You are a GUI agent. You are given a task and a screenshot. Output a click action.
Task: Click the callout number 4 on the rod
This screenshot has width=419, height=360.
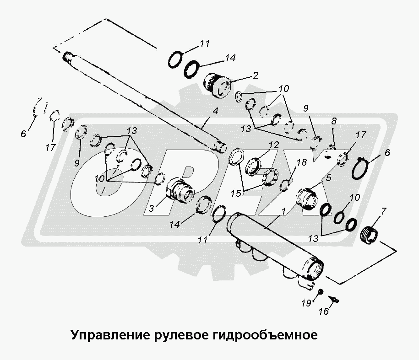click(215, 111)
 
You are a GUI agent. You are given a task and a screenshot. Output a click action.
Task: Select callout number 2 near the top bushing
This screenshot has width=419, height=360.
click(256, 75)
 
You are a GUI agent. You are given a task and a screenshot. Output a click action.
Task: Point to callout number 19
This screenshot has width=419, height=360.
click(306, 303)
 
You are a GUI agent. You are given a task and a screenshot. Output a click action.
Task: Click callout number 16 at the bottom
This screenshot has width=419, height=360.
click(324, 311)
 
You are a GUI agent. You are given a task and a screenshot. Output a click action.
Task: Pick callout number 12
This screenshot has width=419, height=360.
click(274, 145)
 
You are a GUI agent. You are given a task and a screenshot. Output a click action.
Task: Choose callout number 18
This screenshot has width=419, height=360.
click(302, 162)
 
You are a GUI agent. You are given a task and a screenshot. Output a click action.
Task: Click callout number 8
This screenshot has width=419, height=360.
click(334, 121)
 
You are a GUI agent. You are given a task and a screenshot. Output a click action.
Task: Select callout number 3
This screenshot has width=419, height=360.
click(152, 208)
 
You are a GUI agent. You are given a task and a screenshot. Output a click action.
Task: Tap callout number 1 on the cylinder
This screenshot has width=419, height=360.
click(283, 211)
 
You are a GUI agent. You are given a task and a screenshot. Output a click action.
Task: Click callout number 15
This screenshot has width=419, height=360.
click(236, 193)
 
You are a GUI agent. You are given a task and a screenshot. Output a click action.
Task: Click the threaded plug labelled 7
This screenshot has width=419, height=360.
click(370, 234)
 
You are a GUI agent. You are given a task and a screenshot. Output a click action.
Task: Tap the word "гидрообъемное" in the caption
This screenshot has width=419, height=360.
click(265, 335)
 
